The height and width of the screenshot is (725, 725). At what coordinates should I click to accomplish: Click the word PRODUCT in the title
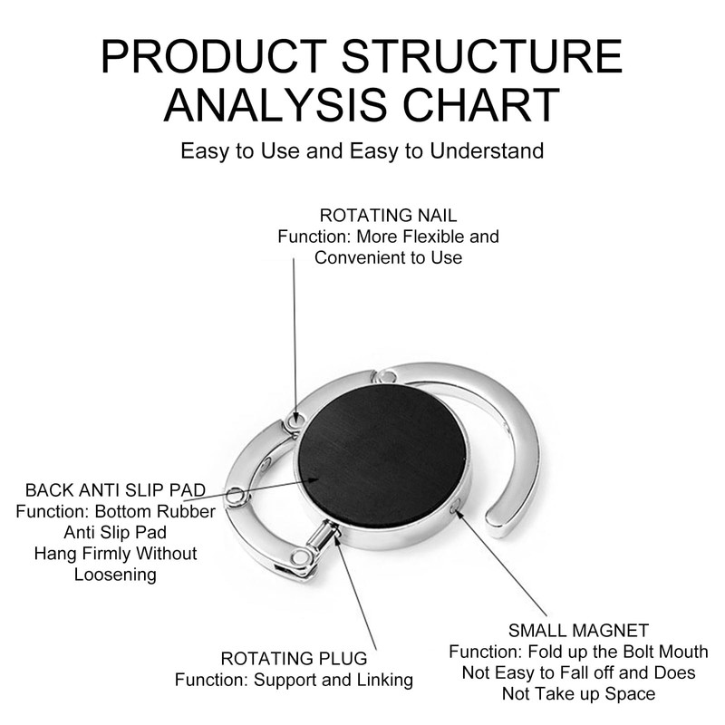tap(214, 56)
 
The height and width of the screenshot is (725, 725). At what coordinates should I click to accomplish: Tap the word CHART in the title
tap(481, 105)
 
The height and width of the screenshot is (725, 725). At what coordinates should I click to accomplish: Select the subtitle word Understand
tap(487, 151)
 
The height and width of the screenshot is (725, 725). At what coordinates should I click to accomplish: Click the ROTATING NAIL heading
tap(388, 216)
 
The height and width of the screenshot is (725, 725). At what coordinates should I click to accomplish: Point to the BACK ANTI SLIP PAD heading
tap(116, 490)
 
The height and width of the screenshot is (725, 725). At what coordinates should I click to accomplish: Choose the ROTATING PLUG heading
tap(294, 659)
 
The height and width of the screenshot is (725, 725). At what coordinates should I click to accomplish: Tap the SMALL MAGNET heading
tap(578, 631)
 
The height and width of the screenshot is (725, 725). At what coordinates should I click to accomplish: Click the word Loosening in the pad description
tap(116, 575)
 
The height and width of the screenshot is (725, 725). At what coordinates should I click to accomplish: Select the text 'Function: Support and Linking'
tap(294, 681)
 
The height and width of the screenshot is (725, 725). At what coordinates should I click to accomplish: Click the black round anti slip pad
tap(382, 456)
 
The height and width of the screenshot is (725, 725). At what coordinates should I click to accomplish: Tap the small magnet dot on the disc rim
tap(455, 508)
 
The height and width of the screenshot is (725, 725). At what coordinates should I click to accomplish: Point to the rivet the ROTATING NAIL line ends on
tap(295, 420)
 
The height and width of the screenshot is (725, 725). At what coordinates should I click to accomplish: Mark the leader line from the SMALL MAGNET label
tap(503, 563)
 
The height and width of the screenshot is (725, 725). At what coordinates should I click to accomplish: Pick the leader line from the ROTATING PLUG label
tap(355, 592)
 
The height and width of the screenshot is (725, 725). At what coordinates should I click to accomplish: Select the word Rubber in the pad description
tap(188, 512)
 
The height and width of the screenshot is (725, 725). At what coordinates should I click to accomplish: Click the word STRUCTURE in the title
tap(482, 56)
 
